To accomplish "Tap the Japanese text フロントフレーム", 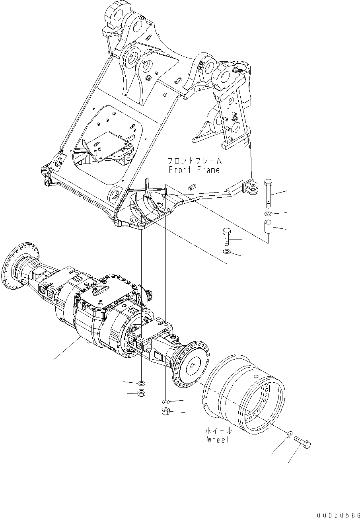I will coord(193,161).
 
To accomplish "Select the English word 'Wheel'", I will coord(218,440).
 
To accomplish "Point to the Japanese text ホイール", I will coord(218,431).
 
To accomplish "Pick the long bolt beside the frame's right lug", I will coord(269,193).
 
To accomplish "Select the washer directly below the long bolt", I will coord(269,214).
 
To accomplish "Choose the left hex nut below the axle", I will coord(141,393).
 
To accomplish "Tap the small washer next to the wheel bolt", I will coord(289,433).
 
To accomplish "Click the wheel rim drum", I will coord(247,394).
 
